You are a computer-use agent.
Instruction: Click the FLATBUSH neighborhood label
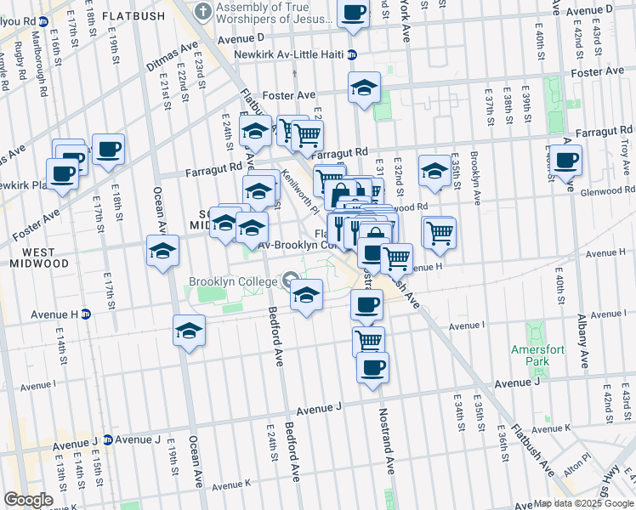[x=128, y=16]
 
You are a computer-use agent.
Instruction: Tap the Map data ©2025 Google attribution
[x=582, y=503]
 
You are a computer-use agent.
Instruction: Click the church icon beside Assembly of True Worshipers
[x=203, y=11]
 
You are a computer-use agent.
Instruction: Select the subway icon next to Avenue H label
[x=86, y=314]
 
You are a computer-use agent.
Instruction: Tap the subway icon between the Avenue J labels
[x=107, y=439]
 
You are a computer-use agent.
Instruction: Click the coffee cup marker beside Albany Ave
[x=565, y=160]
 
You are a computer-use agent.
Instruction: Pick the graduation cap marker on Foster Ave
[x=364, y=88]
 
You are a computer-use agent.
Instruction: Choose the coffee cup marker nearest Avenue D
[x=353, y=13]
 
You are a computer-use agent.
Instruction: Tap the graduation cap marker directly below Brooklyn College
[x=306, y=296]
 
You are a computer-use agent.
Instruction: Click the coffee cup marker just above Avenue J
[x=372, y=367]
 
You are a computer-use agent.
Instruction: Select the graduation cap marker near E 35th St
[x=434, y=170]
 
